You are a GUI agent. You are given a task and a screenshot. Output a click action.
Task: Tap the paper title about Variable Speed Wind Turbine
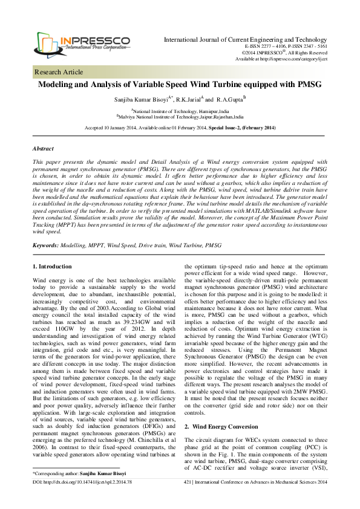[x=179, y=85]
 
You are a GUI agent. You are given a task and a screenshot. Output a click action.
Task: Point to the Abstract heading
[x=43, y=149]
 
